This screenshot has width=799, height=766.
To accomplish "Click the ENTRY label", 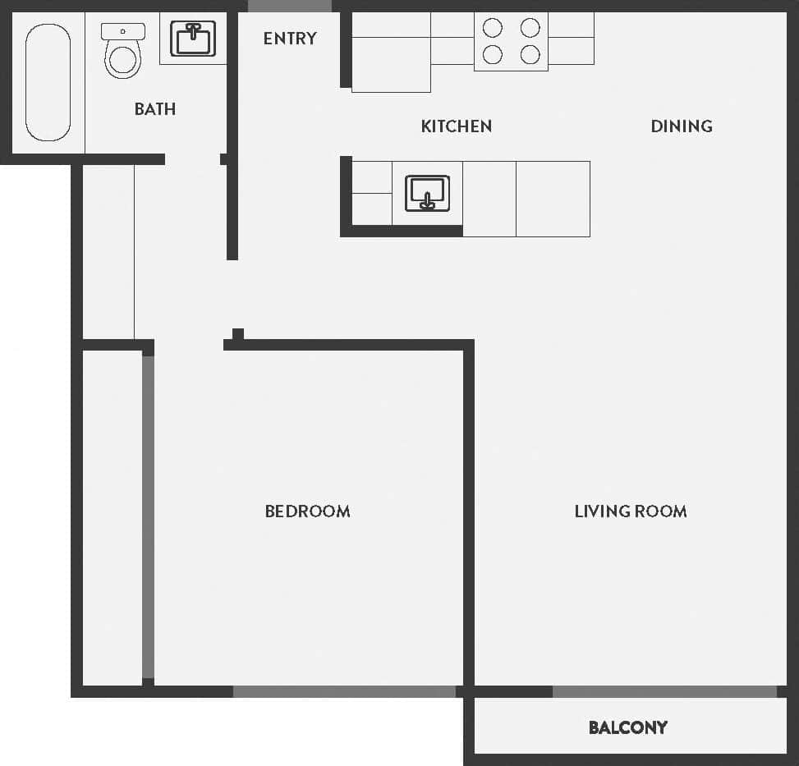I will point(290,39).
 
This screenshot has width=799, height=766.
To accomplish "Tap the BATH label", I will point(155,109).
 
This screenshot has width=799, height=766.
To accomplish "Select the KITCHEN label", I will point(457,126).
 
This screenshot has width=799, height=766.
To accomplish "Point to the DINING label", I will point(682,126).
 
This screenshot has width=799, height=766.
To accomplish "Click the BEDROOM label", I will point(307,511).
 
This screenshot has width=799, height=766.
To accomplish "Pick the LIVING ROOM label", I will point(631,511).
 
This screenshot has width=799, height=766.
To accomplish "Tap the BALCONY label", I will point(628,727).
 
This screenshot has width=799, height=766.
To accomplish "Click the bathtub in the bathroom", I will point(48,82).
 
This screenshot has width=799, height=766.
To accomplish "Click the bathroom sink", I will point(193,39).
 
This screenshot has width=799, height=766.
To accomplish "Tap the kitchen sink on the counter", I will point(427,193).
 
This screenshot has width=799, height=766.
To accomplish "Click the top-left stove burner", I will point(493,28).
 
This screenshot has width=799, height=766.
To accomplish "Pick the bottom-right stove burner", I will point(530,55).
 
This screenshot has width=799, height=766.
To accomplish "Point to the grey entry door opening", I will point(290,6).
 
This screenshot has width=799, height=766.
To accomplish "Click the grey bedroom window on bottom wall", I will point(345,692).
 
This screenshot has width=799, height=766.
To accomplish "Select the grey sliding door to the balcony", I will point(664,692).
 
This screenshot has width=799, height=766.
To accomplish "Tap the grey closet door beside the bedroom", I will point(148,517).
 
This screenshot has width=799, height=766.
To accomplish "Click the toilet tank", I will point(123,31).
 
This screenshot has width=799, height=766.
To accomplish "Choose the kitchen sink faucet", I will point(427,200).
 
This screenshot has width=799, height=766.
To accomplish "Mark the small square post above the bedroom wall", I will point(238,333).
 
